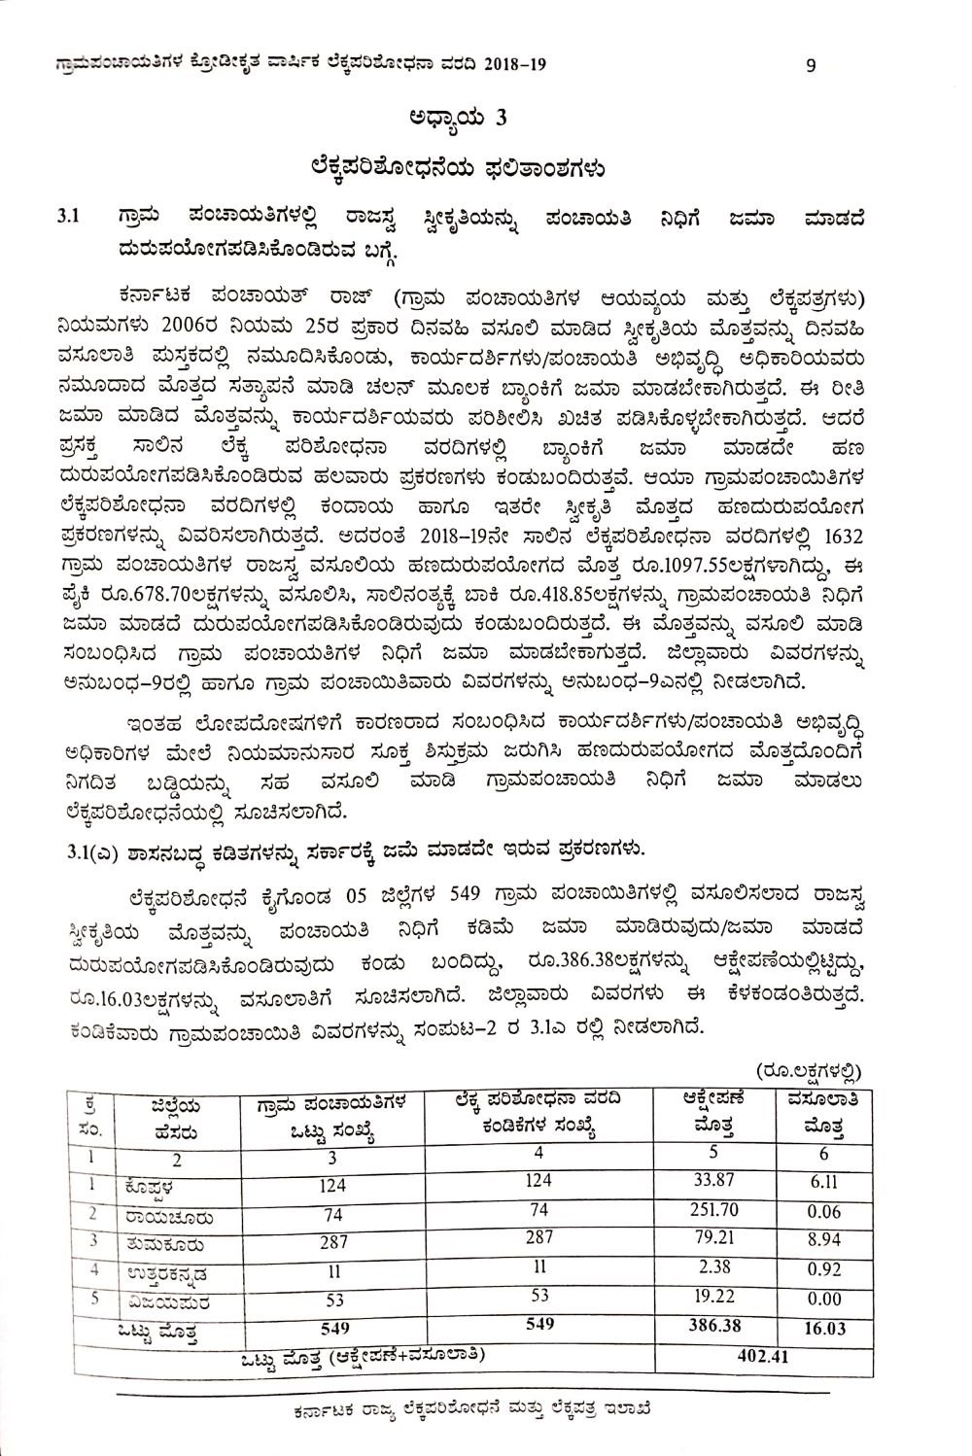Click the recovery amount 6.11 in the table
tap(822, 1184)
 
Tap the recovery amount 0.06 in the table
tap(823, 1213)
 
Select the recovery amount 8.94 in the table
tap(823, 1241)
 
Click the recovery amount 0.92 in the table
tap(823, 1269)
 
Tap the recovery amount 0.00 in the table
tap(823, 1299)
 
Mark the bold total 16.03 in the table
tap(824, 1329)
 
